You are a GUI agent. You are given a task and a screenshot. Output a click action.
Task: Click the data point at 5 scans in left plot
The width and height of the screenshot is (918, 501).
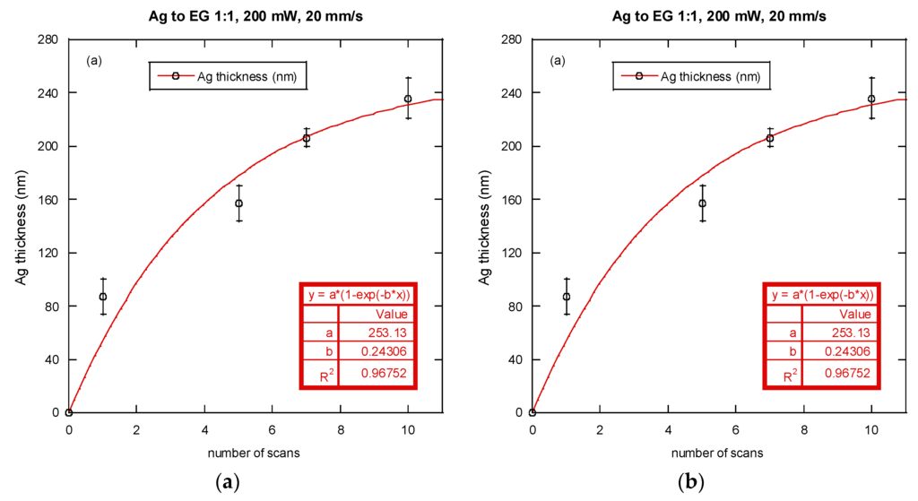[239, 203]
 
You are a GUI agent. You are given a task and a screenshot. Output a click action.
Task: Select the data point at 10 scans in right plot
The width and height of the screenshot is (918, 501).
[871, 99]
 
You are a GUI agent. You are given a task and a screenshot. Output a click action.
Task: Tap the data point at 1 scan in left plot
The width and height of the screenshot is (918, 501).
[103, 297]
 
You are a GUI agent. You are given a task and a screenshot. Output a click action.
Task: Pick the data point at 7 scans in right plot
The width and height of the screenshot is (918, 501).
[769, 138]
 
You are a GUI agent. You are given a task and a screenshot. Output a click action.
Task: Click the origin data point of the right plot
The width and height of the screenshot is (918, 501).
[533, 413]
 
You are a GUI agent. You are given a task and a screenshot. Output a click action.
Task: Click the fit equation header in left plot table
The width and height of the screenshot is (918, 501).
[359, 295]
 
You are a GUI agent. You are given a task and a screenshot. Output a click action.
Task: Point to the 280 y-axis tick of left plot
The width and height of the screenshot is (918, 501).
[49, 39]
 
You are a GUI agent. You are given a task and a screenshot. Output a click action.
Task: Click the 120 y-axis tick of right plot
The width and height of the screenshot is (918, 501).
[513, 253]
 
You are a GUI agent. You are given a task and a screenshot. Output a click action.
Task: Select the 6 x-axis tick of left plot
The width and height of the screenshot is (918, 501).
[273, 429]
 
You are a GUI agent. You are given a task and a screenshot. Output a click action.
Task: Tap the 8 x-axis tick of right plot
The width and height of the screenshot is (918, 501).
[803, 429]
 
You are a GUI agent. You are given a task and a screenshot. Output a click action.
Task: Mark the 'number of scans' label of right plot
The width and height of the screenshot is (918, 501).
[719, 453]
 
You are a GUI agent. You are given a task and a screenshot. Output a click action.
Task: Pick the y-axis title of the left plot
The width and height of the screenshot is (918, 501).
[20, 226]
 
